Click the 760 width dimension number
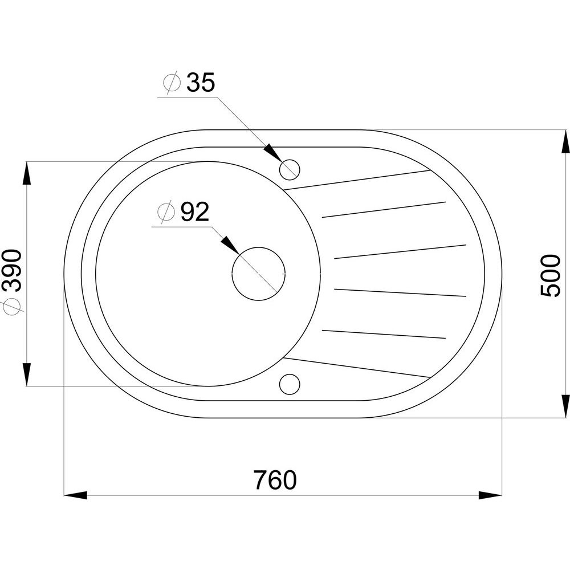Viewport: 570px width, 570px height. coord(275,480)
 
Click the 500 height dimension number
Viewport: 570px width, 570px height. coord(551,276)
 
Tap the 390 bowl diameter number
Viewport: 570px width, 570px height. coord(11,270)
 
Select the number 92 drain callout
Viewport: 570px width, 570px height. coord(195,212)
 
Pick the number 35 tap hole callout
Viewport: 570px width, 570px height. coord(201,82)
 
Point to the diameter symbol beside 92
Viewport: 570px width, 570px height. coord(166,211)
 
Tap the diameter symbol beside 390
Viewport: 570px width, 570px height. coord(12,307)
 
